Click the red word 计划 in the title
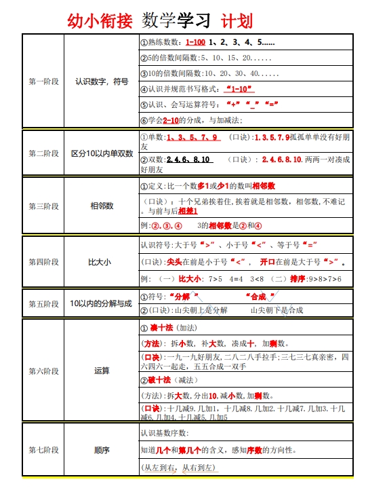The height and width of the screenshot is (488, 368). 237,20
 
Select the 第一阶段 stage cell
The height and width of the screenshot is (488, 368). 43,81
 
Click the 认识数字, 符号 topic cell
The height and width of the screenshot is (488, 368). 102,81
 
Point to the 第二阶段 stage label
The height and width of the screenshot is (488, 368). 43,153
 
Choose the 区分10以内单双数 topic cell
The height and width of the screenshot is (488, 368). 102,153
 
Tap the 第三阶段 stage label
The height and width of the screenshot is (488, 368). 43,206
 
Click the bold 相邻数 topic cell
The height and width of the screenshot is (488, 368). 102,206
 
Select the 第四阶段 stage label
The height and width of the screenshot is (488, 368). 43,261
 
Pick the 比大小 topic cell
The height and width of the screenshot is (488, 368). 102,261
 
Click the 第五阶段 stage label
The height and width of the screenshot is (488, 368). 43,304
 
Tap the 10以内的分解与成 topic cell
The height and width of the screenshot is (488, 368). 102,304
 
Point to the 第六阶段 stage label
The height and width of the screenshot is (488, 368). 43,371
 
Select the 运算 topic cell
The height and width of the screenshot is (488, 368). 102,371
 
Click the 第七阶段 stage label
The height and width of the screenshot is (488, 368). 43,450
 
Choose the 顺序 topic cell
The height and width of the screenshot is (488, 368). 102,450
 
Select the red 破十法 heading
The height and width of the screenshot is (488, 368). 161,379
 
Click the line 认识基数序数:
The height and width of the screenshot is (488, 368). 165,432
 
